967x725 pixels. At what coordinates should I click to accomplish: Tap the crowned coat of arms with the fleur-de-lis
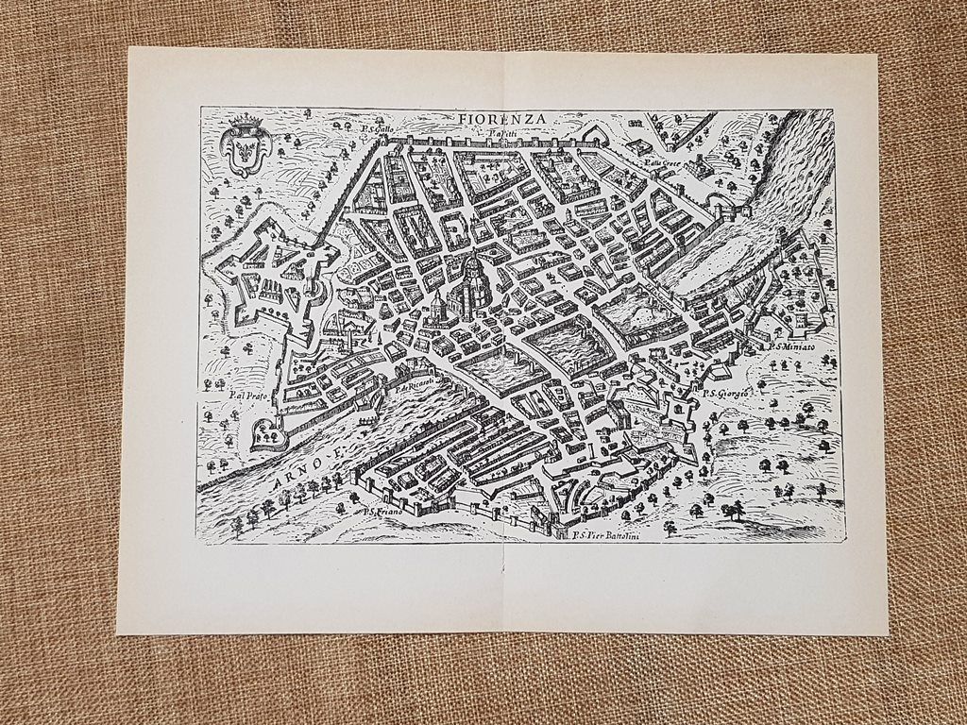[x=245, y=146]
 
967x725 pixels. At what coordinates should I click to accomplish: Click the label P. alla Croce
[x=662, y=161]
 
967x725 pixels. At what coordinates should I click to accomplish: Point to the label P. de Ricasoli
[x=415, y=385]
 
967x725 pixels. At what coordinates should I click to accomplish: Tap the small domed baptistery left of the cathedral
[x=437, y=307]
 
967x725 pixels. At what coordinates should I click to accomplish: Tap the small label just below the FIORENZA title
[x=502, y=135]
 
